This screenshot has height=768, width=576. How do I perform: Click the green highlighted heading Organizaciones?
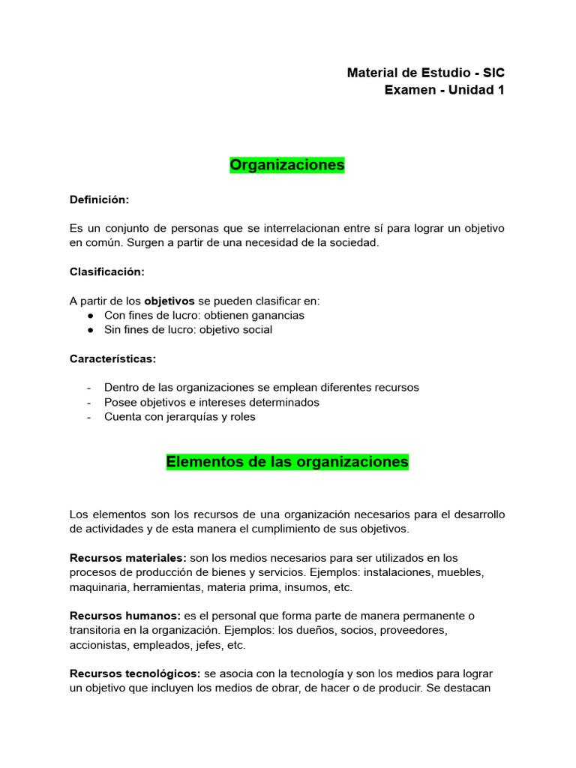pyautogui.click(x=287, y=164)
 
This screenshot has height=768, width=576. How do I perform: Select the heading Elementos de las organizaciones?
pyautogui.click(x=287, y=461)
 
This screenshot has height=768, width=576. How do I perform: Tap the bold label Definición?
pyautogui.click(x=99, y=199)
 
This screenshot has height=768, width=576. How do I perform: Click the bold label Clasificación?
pyautogui.click(x=106, y=271)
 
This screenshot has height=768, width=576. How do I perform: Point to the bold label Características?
pyautogui.click(x=112, y=358)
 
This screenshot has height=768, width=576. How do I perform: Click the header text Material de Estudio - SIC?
pyautogui.click(x=425, y=73)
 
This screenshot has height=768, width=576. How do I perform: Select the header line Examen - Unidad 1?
pyautogui.click(x=444, y=90)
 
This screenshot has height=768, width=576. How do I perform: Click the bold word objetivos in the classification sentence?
pyautogui.click(x=169, y=301)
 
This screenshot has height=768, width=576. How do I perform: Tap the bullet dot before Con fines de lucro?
pyautogui.click(x=90, y=316)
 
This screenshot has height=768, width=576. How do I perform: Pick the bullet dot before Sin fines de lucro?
pyautogui.click(x=90, y=330)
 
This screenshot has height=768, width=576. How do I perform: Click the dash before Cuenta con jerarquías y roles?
pyautogui.click(x=90, y=417)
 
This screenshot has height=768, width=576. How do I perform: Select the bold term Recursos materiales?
pyautogui.click(x=128, y=558)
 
